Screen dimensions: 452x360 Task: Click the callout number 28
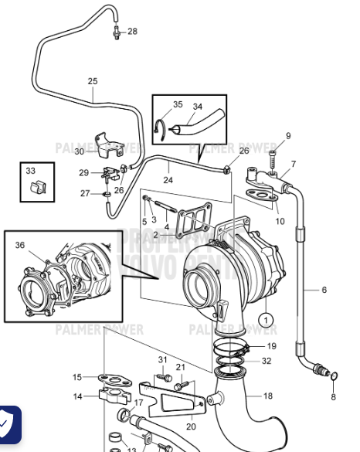[132, 31]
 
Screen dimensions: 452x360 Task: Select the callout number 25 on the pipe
[93, 81]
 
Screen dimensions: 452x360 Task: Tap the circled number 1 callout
[266, 318]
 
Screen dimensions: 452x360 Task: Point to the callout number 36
[20, 245]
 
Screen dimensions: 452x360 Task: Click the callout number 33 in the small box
[30, 170]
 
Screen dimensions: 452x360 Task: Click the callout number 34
[197, 107]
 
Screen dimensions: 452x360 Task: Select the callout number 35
[178, 104]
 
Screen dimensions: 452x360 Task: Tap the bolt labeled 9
[273, 158]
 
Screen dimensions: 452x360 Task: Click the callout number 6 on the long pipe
[324, 290]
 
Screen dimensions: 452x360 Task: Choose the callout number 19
[271, 346]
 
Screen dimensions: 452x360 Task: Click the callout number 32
[267, 360]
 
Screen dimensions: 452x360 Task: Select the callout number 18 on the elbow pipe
[268, 396]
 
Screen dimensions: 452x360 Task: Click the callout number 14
[77, 396]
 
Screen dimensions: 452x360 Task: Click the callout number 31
[162, 359]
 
